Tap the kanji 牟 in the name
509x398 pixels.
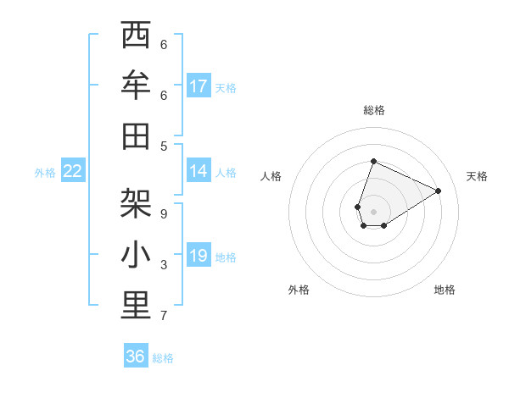pos(136,86)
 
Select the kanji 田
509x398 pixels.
pos(136,135)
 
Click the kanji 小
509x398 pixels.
pos(136,255)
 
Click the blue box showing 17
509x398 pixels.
pos(199,86)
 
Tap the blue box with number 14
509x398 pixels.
pos(199,171)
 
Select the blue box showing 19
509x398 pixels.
pos(199,256)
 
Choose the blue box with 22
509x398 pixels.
pos(73,171)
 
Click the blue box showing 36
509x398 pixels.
pos(136,357)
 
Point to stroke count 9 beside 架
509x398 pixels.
pos(164,214)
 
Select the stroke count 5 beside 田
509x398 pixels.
pos(164,146)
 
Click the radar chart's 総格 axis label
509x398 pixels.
pos(374,110)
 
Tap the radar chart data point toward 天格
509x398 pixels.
pos(438,191)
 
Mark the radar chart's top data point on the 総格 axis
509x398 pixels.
pos(373,161)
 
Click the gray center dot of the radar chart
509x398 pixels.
pos(373,212)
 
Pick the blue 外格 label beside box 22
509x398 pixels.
pos(45,172)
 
